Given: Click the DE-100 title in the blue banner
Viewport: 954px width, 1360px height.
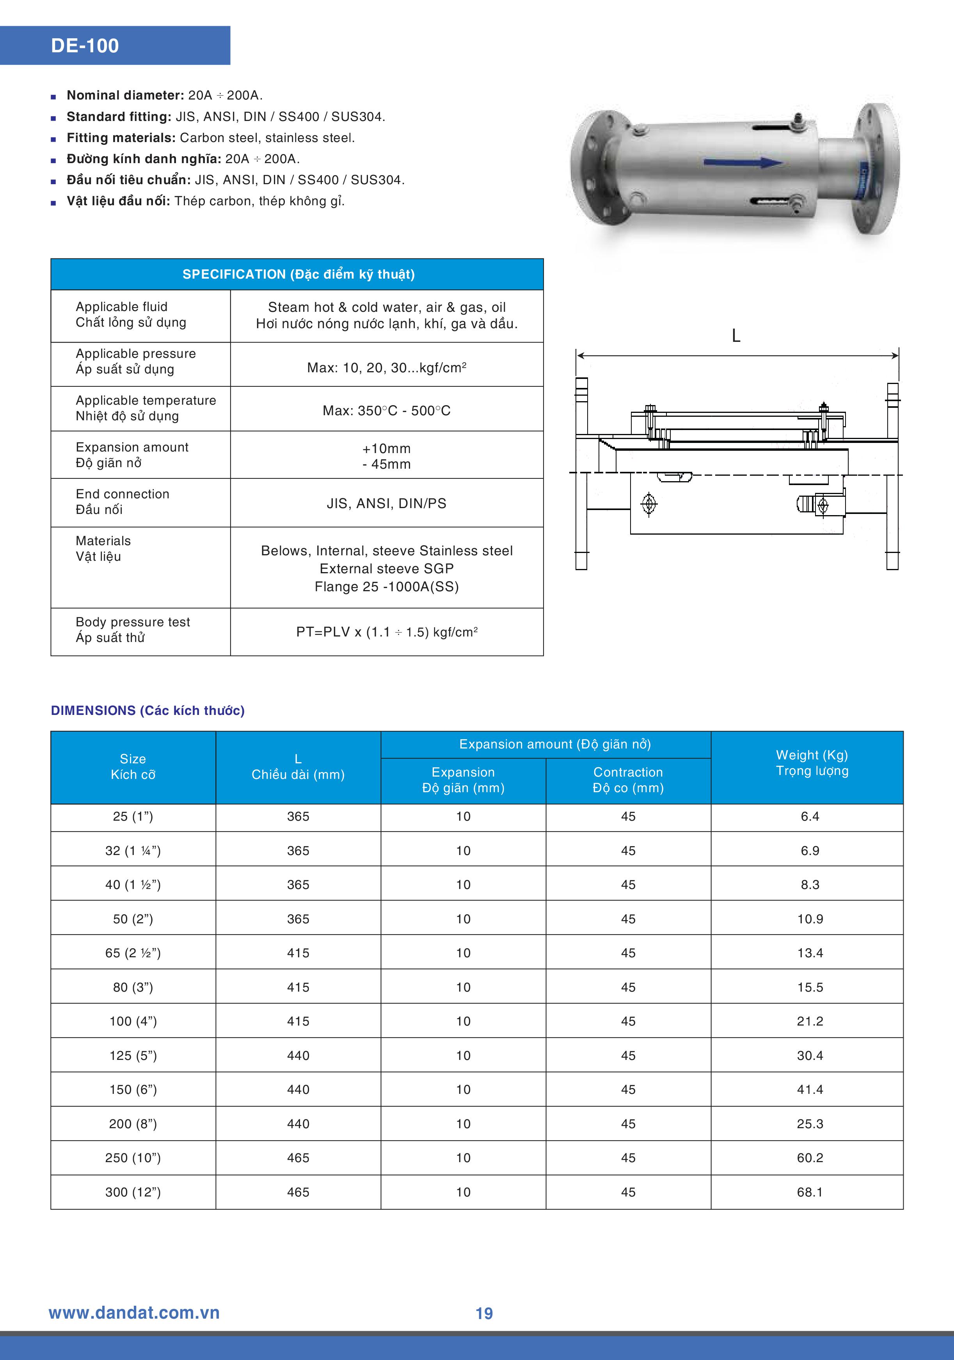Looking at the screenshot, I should pos(85,46).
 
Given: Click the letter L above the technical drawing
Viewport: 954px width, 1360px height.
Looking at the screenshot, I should pos(736,336).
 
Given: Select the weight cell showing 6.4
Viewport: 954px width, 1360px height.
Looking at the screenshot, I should pos(810,816).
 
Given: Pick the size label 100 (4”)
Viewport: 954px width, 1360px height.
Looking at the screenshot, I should pos(133,1021).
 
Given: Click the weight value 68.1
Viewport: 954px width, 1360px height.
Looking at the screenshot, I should pos(810,1192).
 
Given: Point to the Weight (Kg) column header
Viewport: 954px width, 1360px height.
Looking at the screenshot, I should pos(812,763).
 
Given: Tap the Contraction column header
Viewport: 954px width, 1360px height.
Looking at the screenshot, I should pos(628,780).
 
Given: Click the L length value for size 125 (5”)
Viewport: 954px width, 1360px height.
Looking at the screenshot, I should pos(298,1056).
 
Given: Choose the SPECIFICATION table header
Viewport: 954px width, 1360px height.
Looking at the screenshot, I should pos(298,274).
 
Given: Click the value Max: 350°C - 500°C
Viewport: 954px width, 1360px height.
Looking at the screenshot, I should pos(386,411).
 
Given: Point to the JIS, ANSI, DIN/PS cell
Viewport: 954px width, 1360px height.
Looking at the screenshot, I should pos(386,503).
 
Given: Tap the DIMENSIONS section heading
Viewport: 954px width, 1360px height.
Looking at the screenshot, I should pos(147,710).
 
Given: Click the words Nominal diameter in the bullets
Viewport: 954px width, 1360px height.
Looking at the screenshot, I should pos(125,95).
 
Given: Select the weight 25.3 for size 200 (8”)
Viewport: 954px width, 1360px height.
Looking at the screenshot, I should pos(810,1124).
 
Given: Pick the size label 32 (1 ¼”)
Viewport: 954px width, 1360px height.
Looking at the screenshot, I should pos(133,851).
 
